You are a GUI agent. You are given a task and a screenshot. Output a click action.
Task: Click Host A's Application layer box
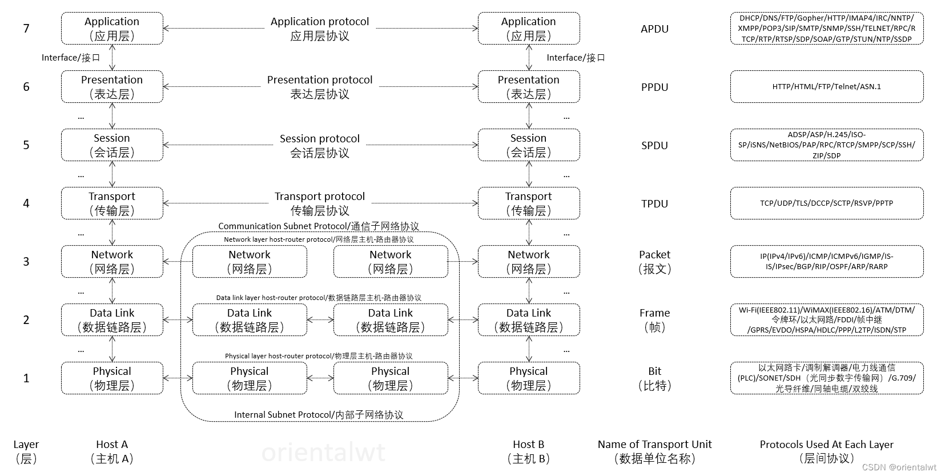(x=112, y=29)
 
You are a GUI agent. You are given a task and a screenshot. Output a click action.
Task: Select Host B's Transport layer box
(x=528, y=203)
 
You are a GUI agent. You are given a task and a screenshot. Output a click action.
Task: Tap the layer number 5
(x=26, y=145)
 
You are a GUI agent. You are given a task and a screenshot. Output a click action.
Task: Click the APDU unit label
(x=654, y=29)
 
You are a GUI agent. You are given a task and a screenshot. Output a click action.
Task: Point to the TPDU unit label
(x=654, y=203)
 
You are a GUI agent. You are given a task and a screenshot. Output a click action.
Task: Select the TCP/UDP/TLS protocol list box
(x=826, y=203)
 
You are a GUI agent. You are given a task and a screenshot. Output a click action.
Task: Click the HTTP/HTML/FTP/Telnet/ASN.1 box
(x=826, y=87)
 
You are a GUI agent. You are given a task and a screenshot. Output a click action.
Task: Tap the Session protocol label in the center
(x=320, y=146)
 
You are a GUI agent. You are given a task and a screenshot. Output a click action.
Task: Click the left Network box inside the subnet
(x=250, y=262)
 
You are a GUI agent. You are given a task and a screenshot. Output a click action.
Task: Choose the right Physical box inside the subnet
(x=391, y=378)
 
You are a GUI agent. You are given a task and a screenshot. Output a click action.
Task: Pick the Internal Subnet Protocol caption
(x=319, y=415)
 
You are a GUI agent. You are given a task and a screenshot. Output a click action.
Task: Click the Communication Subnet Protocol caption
(x=319, y=226)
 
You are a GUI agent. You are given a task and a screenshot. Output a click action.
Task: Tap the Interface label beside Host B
(x=576, y=58)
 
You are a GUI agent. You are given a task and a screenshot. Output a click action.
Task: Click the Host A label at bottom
(x=112, y=451)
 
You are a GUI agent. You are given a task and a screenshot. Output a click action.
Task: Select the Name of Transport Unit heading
(x=654, y=451)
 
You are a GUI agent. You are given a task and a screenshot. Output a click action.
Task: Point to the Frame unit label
(x=654, y=319)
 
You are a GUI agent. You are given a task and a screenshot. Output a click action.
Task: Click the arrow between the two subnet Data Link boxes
(x=320, y=320)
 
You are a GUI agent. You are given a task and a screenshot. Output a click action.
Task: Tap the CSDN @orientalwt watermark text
(x=899, y=467)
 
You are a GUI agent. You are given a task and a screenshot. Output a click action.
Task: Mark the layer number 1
(x=26, y=378)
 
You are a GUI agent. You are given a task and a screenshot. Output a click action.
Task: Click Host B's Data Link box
(x=528, y=320)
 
